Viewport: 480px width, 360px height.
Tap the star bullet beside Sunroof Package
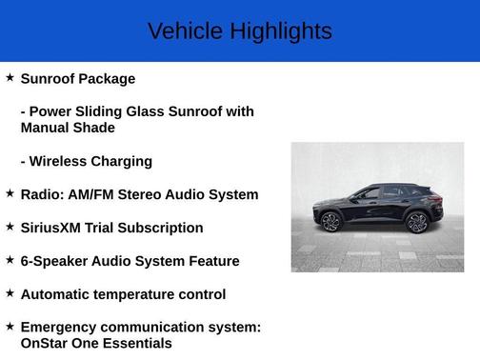10,77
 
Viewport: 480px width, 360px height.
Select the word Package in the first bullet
107,79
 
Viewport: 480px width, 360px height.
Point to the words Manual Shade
68,128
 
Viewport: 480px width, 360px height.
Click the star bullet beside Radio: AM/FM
10,193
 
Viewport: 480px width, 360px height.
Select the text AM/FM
96,194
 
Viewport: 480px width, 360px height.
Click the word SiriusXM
53,228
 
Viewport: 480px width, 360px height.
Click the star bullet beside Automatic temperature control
10,293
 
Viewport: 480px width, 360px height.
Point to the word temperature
133,294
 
